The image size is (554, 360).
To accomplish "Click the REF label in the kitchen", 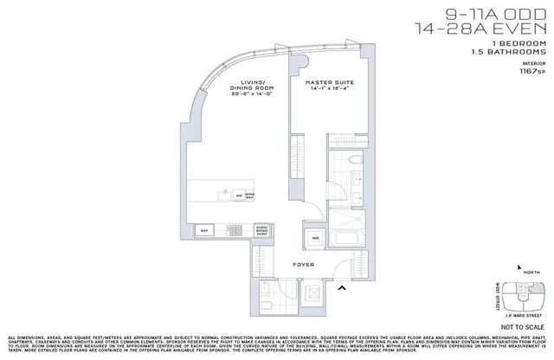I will (x=206, y=231).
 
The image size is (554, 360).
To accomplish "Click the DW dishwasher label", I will (x=240, y=195).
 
